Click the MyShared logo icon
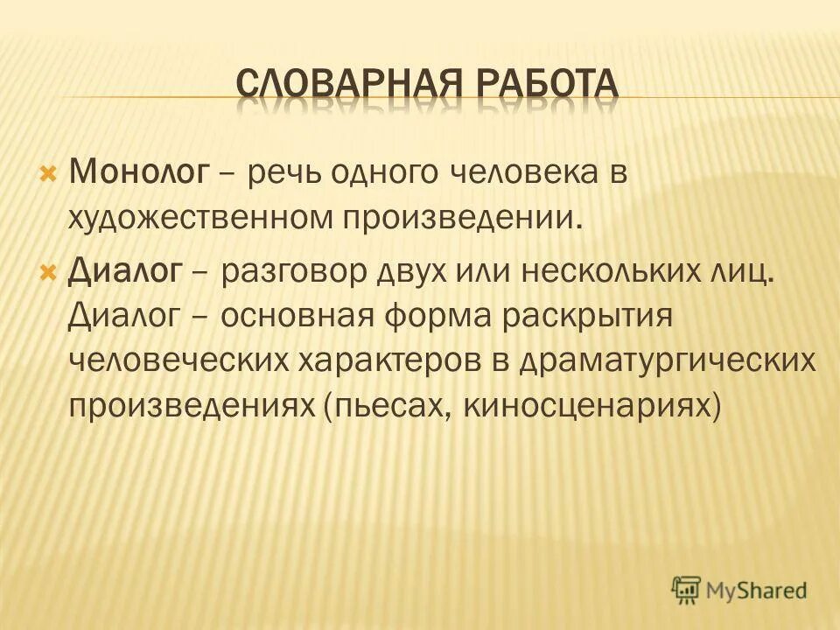pyautogui.click(x=688, y=591)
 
